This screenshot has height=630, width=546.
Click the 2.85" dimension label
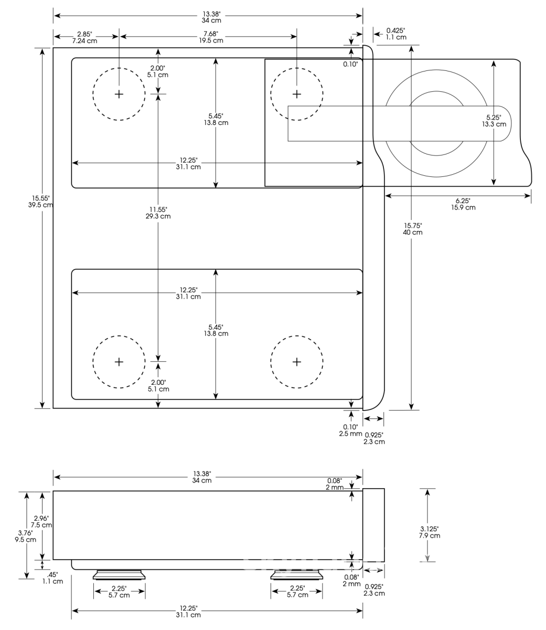[84, 34]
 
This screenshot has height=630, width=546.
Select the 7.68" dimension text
[211, 34]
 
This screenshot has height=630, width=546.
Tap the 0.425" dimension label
[395, 30]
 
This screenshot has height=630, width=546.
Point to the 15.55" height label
[40, 198]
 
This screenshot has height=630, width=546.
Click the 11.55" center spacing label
[158, 209]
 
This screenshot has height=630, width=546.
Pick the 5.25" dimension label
[494, 117]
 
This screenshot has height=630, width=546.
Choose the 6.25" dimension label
[463, 201]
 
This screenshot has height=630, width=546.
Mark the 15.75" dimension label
[413, 226]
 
